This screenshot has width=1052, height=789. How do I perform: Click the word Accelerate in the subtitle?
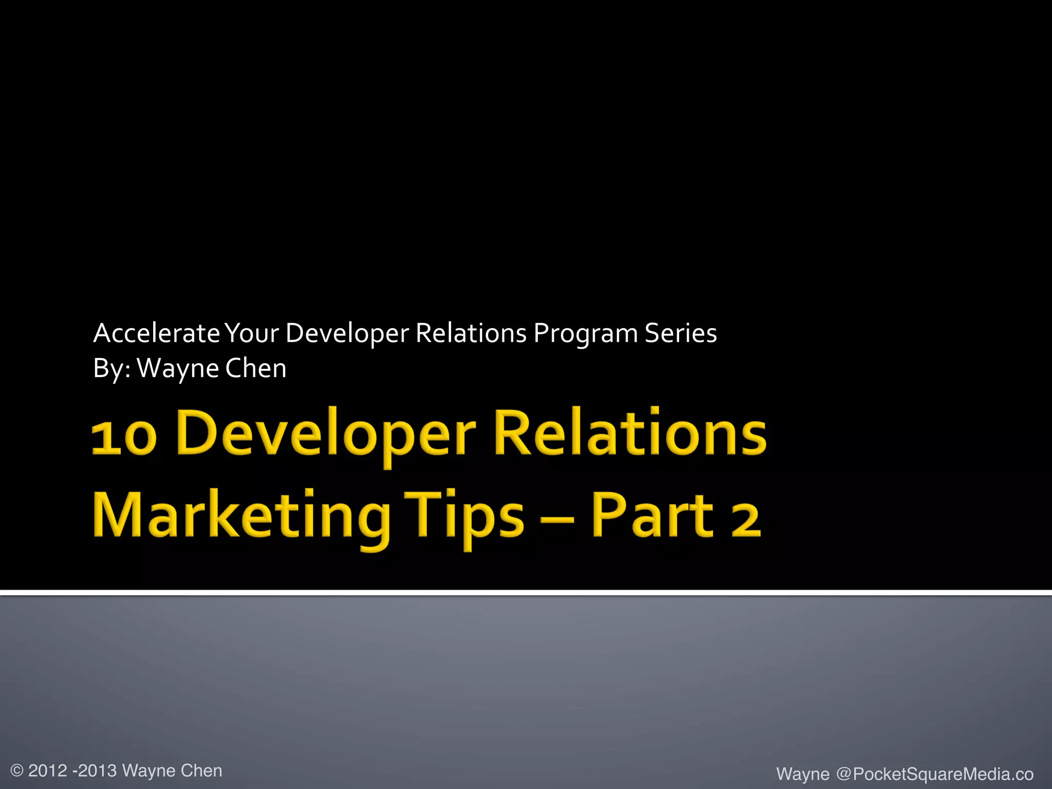pyautogui.click(x=157, y=333)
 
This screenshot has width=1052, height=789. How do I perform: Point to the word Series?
pyautogui.click(x=681, y=333)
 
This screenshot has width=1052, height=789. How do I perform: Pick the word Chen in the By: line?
pyautogui.click(x=255, y=368)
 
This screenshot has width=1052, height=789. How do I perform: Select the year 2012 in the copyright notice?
pyautogui.click(x=48, y=771)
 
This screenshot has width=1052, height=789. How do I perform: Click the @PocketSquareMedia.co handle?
pyautogui.click(x=934, y=774)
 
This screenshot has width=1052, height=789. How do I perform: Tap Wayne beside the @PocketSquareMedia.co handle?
pyautogui.click(x=802, y=774)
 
